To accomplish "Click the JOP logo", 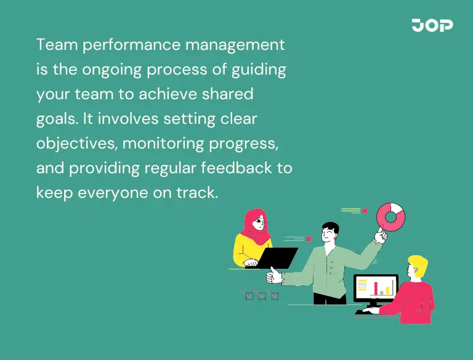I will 432,25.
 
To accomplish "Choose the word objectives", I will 76,144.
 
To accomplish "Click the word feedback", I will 236,168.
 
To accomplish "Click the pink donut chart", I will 390,216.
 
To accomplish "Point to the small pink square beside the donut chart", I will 365,211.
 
